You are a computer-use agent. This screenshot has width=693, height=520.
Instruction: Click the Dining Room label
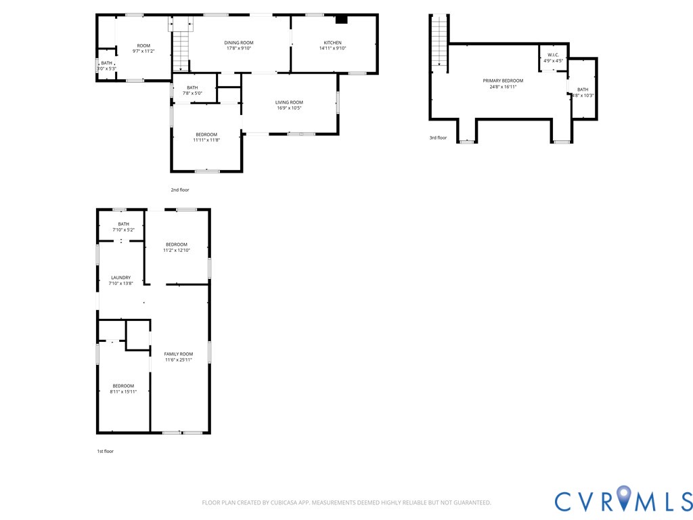[x=239, y=43]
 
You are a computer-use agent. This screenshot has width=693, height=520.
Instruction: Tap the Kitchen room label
[x=332, y=43]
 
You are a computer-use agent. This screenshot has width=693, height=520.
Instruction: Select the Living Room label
[x=289, y=102]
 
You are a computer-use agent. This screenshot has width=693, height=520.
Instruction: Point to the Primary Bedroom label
[x=503, y=81]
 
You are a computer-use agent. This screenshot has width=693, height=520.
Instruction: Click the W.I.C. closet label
[x=554, y=56]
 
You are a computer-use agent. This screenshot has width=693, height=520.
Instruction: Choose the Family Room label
[x=179, y=354]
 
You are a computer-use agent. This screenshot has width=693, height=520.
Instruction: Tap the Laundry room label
[x=120, y=278]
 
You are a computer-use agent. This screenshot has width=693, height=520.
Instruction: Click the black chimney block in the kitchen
[x=342, y=19]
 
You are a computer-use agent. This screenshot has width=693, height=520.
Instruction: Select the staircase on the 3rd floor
[x=439, y=40]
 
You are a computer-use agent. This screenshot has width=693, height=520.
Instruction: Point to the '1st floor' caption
[x=105, y=452]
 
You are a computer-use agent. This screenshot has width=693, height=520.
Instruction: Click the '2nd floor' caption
[x=180, y=190]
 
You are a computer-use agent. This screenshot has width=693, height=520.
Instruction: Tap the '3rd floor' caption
[x=438, y=138]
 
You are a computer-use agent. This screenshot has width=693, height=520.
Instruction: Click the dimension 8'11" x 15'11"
[x=123, y=392]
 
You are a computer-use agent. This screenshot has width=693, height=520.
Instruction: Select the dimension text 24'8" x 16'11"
[x=503, y=87]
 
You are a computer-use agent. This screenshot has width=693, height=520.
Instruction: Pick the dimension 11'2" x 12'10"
[x=177, y=251]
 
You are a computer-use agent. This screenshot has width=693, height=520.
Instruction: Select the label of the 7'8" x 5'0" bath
[x=192, y=87]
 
